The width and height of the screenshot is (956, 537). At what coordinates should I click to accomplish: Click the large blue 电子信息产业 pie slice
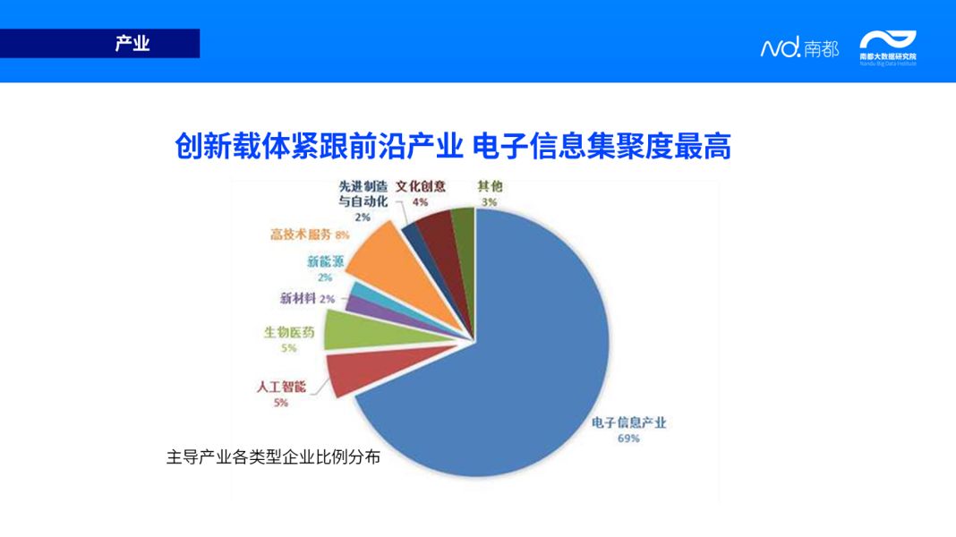[x=519, y=358]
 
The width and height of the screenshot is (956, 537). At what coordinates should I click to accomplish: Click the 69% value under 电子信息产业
[x=628, y=439]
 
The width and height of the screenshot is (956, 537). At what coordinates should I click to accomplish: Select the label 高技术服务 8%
[x=310, y=234]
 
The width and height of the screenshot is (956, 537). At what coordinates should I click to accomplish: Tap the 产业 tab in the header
[x=132, y=43]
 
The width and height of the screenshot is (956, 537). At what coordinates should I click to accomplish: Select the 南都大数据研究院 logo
[x=888, y=47]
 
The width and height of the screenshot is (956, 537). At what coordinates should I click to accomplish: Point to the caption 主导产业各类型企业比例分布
[x=273, y=456]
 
